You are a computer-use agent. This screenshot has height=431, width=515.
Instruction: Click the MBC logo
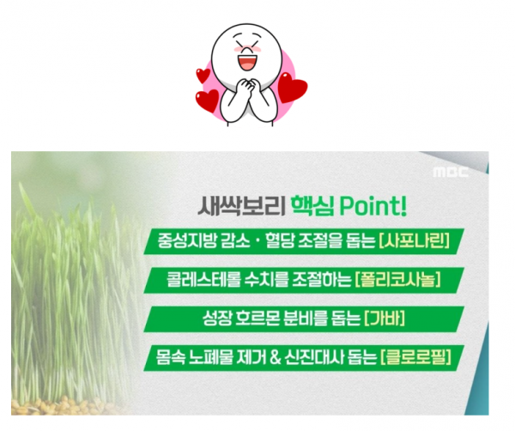(x=451, y=172)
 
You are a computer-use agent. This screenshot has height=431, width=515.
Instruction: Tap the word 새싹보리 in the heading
(x=241, y=206)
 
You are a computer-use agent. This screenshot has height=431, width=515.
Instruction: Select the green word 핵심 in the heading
(x=312, y=206)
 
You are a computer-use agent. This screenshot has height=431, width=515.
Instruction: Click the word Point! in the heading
(x=373, y=206)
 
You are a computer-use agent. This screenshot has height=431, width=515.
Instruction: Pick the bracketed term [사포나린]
(x=414, y=240)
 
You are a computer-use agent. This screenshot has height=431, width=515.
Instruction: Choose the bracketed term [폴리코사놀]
(x=397, y=280)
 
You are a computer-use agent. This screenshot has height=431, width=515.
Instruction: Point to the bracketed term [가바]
(x=385, y=319)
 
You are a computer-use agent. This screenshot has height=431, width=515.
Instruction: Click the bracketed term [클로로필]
(x=415, y=357)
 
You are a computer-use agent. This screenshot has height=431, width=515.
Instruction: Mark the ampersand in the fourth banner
(x=276, y=357)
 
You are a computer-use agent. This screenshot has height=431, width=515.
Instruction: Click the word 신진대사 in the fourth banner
(x=314, y=357)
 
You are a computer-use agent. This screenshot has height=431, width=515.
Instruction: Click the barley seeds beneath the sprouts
(x=63, y=406)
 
